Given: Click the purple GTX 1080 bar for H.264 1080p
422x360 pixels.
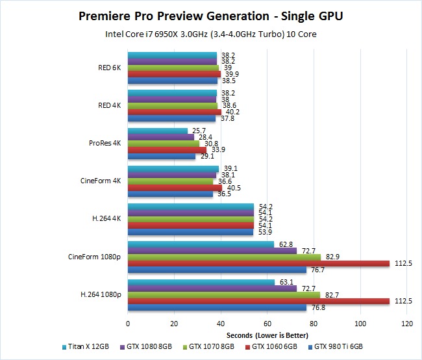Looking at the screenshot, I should [212, 289].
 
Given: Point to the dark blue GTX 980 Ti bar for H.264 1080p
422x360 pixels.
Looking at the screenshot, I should [217, 307].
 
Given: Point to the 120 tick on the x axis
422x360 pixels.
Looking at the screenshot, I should [407, 323].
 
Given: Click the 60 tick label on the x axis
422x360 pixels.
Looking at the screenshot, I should [267, 323].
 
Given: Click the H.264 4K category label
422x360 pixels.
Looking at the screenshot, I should [106, 219].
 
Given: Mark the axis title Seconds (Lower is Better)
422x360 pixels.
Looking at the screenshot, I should [267, 334].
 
